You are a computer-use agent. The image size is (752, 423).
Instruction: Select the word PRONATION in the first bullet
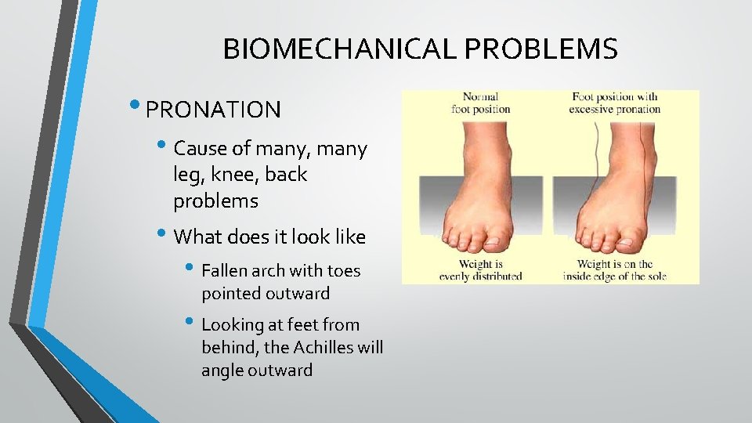click(213, 110)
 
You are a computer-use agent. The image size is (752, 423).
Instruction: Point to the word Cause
click(200, 148)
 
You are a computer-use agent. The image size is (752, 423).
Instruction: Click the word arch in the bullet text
click(273, 271)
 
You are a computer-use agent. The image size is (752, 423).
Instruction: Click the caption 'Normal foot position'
click(480, 103)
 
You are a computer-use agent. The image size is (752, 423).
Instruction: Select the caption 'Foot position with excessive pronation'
click(614, 103)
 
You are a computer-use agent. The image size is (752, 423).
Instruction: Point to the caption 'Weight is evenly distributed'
click(480, 270)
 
